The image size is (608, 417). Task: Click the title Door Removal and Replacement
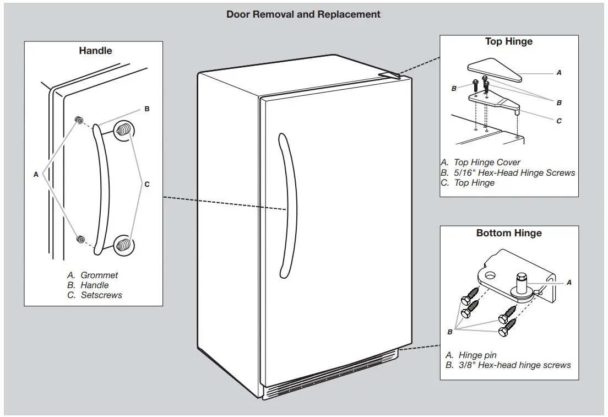pos(303,14)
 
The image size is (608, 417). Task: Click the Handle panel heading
pos(95,51)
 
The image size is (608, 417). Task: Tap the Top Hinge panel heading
pos(508,41)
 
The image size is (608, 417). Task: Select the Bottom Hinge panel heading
pos(508,233)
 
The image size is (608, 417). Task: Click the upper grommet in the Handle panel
pos(79,120)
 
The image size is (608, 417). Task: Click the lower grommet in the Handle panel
pos(80,239)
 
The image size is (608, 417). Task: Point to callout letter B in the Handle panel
pos(147,109)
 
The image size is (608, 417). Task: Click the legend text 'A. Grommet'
pos(93,275)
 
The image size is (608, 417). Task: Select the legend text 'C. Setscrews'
pos(94,295)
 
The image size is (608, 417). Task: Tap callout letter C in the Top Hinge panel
pos(559,121)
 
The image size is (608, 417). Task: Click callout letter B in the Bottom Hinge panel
pos(450,332)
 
